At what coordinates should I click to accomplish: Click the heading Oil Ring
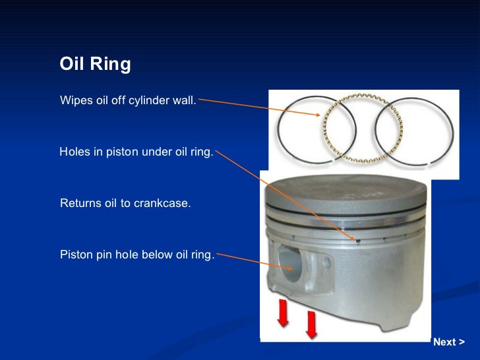click(x=96, y=65)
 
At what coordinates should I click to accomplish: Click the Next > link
click(x=448, y=342)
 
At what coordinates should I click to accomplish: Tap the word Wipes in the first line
click(x=75, y=101)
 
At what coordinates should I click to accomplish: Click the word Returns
click(x=80, y=204)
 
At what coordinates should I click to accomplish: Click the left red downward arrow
click(x=283, y=312)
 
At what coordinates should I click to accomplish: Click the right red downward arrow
click(x=311, y=323)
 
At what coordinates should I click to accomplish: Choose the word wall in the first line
click(x=183, y=101)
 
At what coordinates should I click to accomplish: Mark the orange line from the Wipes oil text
click(x=257, y=107)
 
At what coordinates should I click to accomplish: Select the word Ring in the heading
click(x=112, y=65)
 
